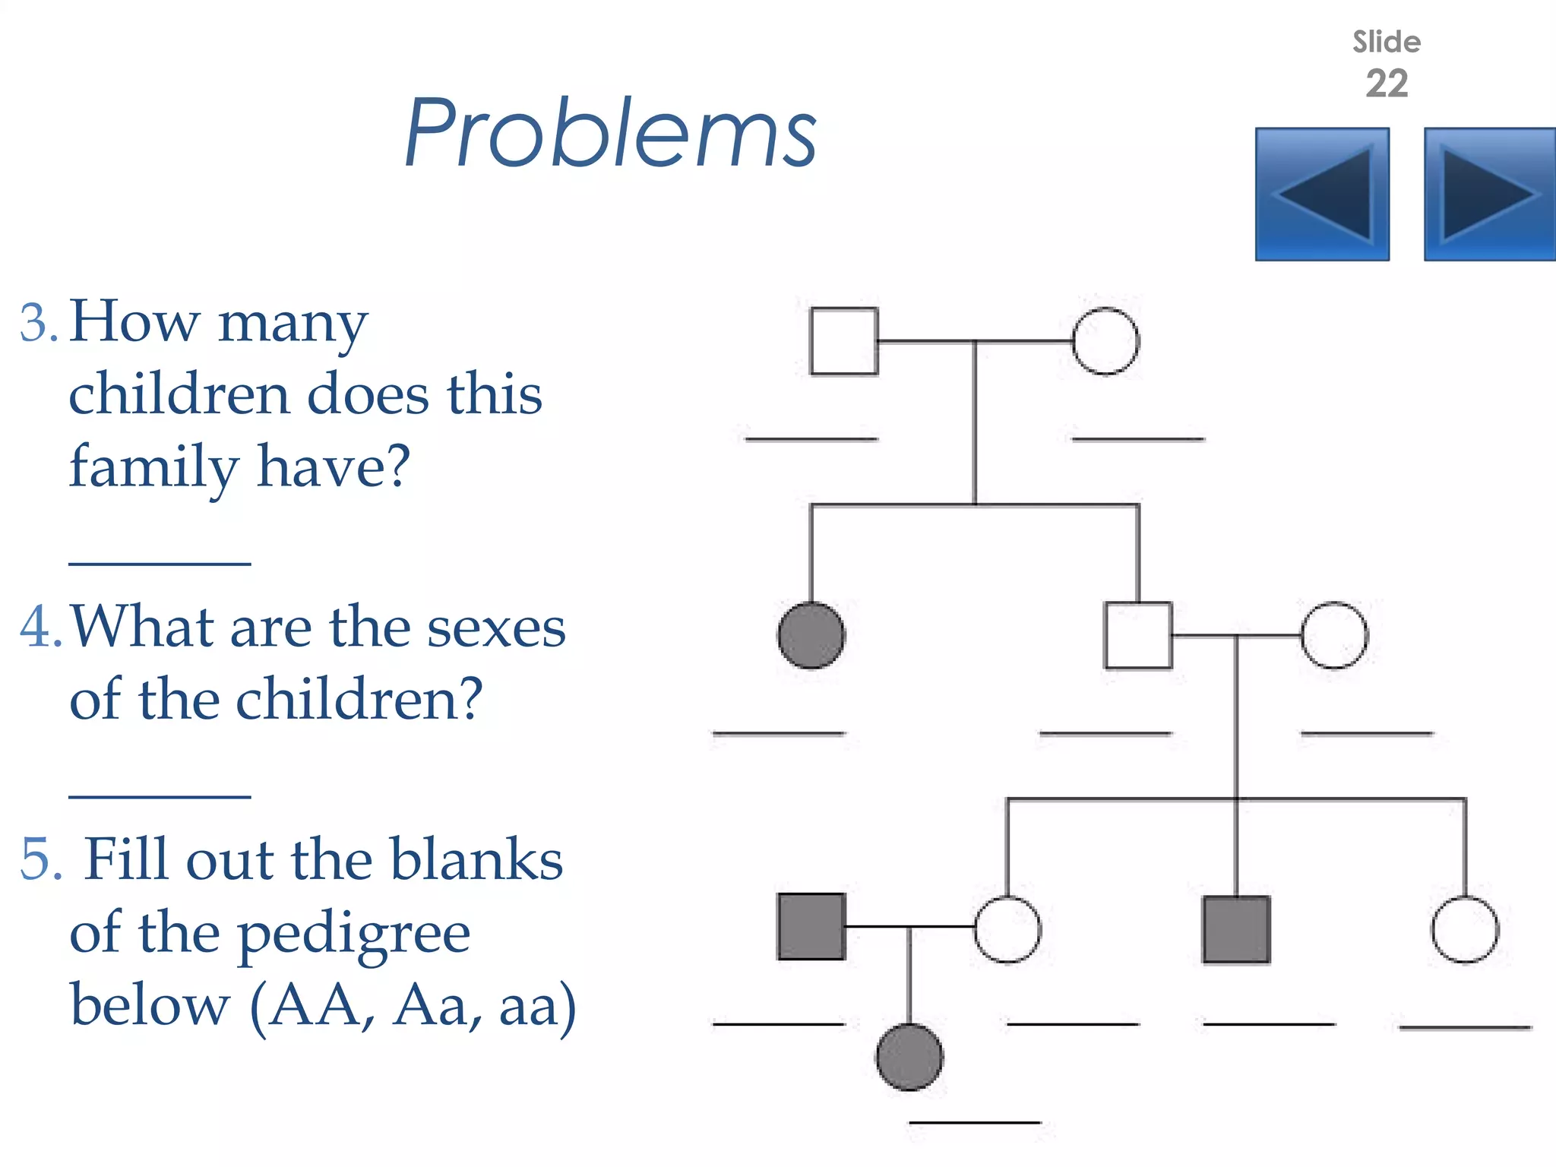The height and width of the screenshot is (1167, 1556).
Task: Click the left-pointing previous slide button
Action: pos(1322,194)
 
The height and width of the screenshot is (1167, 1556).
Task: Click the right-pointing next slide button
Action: pos(1489,194)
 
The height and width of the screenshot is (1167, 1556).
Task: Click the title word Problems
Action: pos(610,134)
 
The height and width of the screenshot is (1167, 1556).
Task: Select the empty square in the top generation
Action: pos(844,341)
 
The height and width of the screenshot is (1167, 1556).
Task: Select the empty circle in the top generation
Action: pos(1105,341)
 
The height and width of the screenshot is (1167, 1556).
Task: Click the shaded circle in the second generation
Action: pos(811,635)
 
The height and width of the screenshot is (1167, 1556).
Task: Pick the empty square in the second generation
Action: pos(1137,635)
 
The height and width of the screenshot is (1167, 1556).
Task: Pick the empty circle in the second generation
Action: pos(1334,635)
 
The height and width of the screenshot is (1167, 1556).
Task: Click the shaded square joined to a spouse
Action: pos(811,927)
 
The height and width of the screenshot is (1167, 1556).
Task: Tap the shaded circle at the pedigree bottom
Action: pos(909,1057)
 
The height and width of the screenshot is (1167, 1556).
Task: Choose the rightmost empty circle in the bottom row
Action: pos(1465,929)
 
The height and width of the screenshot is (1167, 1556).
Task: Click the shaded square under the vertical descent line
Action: pos(1236,929)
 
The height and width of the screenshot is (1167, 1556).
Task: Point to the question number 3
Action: pos(38,324)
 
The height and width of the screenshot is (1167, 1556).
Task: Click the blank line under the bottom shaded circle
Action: pos(975,1122)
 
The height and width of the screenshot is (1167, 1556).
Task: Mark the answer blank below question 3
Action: pos(160,564)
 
